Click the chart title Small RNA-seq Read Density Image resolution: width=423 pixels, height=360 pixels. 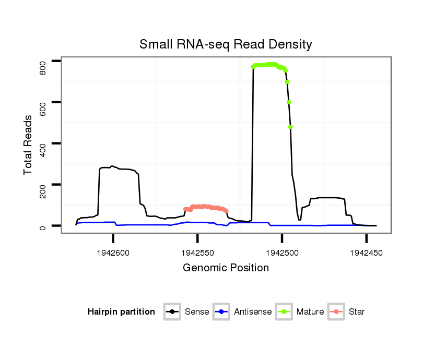[226, 44]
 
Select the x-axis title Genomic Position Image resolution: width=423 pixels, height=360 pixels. [226, 268]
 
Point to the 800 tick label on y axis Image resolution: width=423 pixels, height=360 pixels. [43, 62]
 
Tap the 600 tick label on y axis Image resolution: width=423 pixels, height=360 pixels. [43, 102]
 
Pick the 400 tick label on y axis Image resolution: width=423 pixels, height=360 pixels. [43, 143]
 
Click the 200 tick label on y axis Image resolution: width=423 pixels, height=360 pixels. [43, 185]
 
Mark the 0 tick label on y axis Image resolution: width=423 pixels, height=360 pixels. [43, 226]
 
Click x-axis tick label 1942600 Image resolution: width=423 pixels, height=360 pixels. [113, 252]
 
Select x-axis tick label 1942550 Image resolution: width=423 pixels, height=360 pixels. [197, 252]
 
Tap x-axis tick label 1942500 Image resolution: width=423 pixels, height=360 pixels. [281, 252]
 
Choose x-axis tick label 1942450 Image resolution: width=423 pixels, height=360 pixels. [366, 252]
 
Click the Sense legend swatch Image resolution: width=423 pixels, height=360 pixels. [172, 312]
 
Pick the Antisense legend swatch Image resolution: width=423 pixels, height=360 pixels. [221, 312]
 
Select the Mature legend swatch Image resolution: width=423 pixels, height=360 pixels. [284, 312]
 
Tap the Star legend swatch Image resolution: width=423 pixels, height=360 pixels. [337, 312]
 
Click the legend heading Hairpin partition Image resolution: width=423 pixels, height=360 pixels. [121, 312]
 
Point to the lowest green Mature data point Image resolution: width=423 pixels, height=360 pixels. [290, 127]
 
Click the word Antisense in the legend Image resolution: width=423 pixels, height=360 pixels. [253, 312]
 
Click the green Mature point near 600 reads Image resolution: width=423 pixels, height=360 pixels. [289, 102]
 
